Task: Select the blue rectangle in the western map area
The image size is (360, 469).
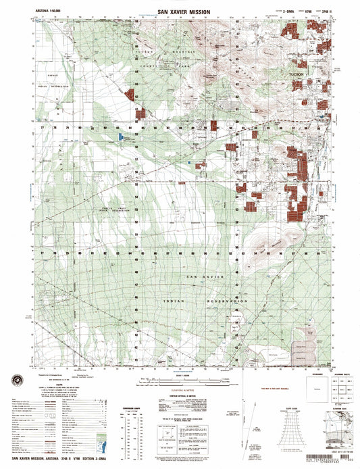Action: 121,137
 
